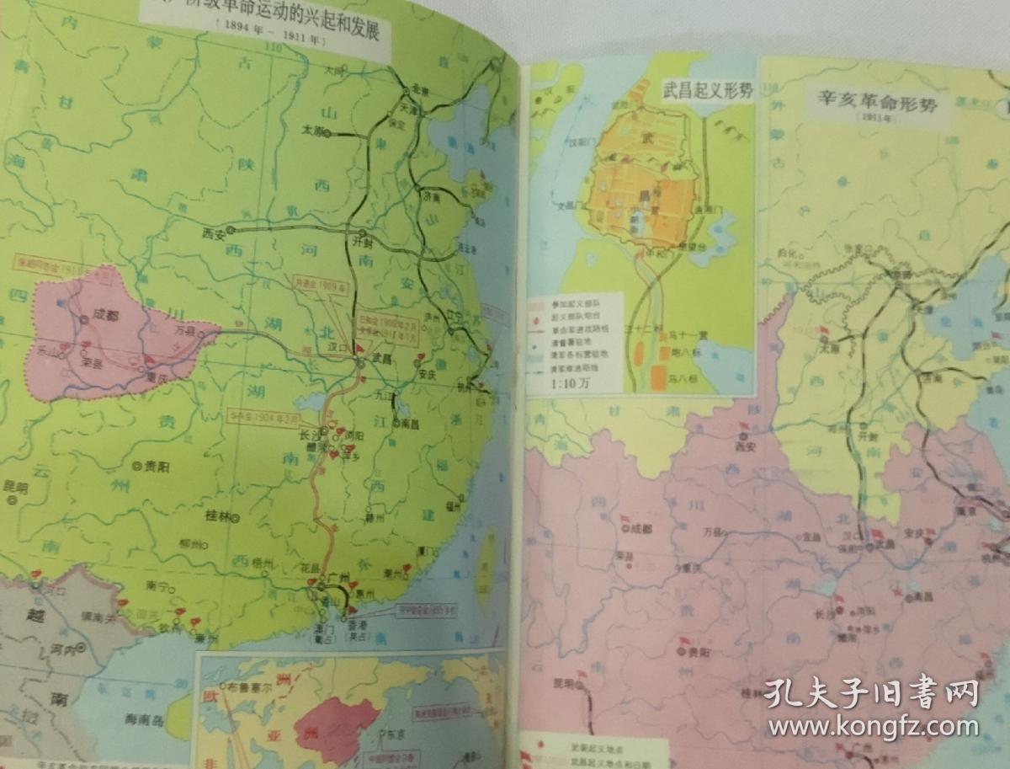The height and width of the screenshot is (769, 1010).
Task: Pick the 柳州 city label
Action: pos(189,545)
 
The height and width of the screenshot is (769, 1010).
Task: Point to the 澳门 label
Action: pos(321,631)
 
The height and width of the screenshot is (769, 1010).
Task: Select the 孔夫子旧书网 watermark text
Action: pos(870,694)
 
